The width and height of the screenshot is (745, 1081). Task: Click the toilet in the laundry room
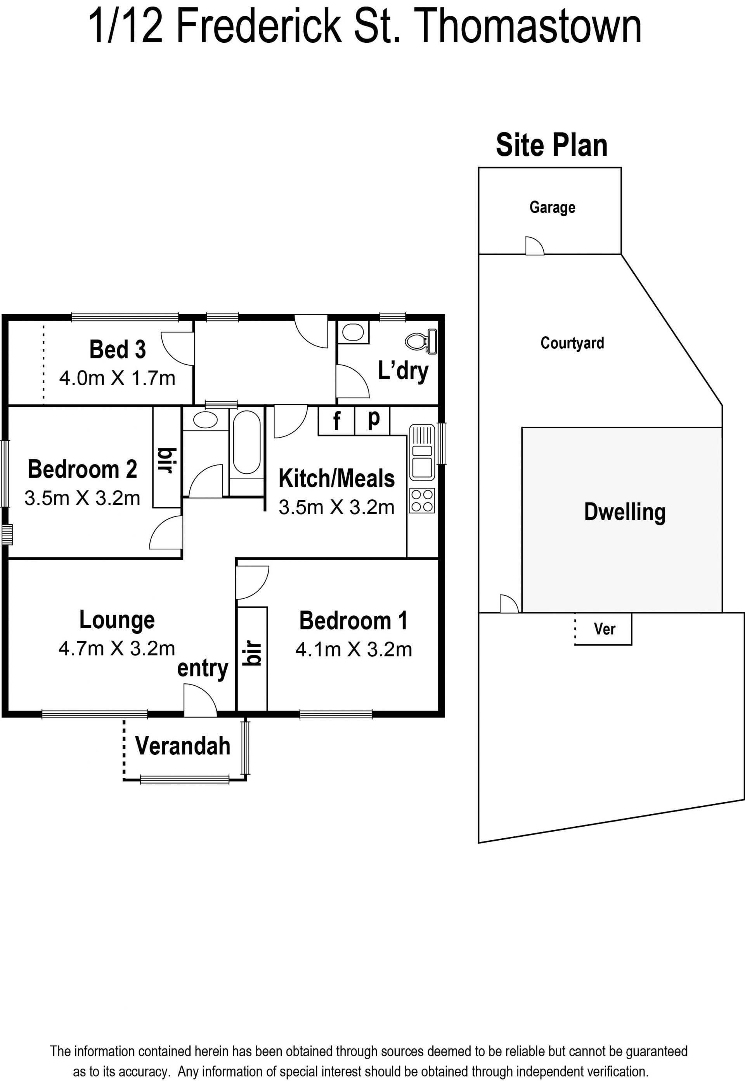click(421, 341)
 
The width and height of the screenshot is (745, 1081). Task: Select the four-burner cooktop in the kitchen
click(422, 501)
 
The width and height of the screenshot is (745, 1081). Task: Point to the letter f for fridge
click(336, 421)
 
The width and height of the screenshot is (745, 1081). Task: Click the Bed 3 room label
click(118, 349)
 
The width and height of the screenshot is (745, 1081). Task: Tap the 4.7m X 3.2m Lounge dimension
click(117, 648)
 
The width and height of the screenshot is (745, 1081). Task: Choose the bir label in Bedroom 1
click(252, 653)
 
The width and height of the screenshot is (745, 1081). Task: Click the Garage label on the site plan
click(552, 208)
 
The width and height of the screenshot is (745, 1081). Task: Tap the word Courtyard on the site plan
click(572, 343)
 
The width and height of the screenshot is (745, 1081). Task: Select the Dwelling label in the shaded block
click(625, 513)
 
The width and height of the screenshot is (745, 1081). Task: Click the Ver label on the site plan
click(605, 629)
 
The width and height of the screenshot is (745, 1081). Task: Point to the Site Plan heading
click(552, 145)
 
